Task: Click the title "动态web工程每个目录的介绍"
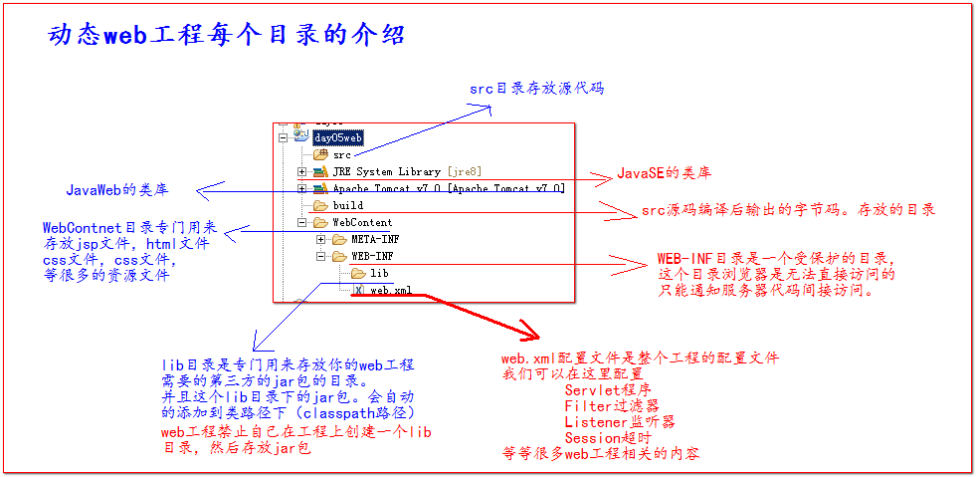tap(226, 35)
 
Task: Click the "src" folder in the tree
tap(341, 154)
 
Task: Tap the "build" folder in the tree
tap(347, 205)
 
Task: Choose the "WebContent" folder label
tap(361, 222)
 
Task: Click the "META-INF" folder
tap(375, 239)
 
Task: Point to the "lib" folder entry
tap(379, 273)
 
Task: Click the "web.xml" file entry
tap(390, 290)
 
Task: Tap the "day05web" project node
tap(337, 137)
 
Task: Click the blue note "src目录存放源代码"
tap(536, 89)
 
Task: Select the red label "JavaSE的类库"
tap(664, 172)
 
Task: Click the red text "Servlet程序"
tap(606, 389)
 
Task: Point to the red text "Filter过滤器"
tap(611, 405)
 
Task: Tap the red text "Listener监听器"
tap(619, 421)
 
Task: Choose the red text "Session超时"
tap(607, 437)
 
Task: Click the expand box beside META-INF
tap(321, 239)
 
